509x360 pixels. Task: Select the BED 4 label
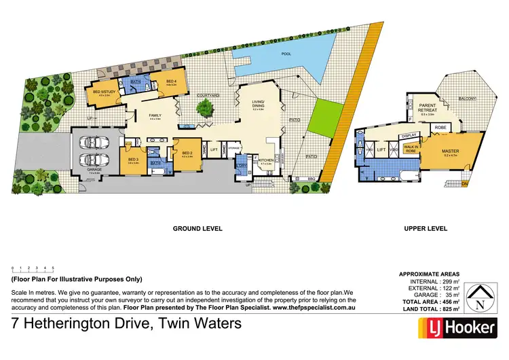171,82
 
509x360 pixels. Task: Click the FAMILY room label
155,115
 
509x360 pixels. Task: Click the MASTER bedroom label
451,151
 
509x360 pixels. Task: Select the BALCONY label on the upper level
467,98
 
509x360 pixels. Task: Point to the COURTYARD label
208,96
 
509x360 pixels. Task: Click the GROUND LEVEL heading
197,229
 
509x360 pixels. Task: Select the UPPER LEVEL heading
425,229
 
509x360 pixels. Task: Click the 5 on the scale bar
54,268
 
